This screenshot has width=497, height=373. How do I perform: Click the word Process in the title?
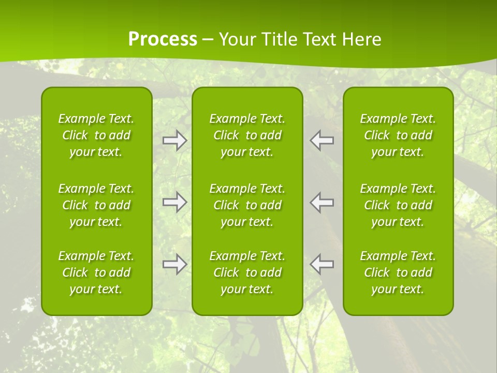tap(163, 39)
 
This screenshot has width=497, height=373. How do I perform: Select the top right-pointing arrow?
tap(174, 140)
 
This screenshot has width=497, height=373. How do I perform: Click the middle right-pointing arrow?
tap(174, 202)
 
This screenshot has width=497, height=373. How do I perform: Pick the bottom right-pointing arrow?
tap(174, 264)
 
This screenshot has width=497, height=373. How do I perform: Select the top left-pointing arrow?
tap(322, 140)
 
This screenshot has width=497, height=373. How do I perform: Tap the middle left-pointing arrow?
tap(322, 202)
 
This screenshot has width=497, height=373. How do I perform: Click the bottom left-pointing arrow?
tap(322, 264)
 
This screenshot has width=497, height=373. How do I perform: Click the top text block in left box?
tap(96, 135)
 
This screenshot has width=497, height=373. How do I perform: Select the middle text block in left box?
tap(96, 205)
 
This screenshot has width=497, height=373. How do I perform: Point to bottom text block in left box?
tap(96, 272)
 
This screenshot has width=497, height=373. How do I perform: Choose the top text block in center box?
tap(247, 135)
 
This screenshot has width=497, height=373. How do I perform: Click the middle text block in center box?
tap(247, 205)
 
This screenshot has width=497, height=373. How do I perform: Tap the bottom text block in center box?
tap(247, 272)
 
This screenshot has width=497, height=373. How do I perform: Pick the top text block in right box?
tap(398, 135)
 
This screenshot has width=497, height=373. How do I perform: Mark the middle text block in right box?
tap(398, 205)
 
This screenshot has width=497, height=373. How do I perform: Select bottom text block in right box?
tap(398, 272)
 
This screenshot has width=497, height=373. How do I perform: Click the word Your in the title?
tap(237, 39)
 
